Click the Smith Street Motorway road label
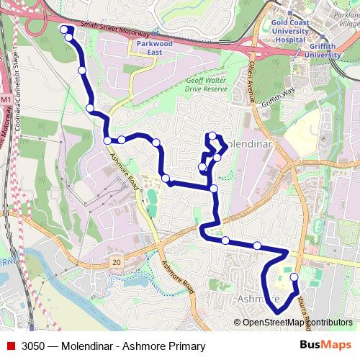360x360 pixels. click(x=115, y=30)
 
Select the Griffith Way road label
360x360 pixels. click(x=279, y=98)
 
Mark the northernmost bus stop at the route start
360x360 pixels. click(x=63, y=30)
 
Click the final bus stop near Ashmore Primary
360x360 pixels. click(x=294, y=277)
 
